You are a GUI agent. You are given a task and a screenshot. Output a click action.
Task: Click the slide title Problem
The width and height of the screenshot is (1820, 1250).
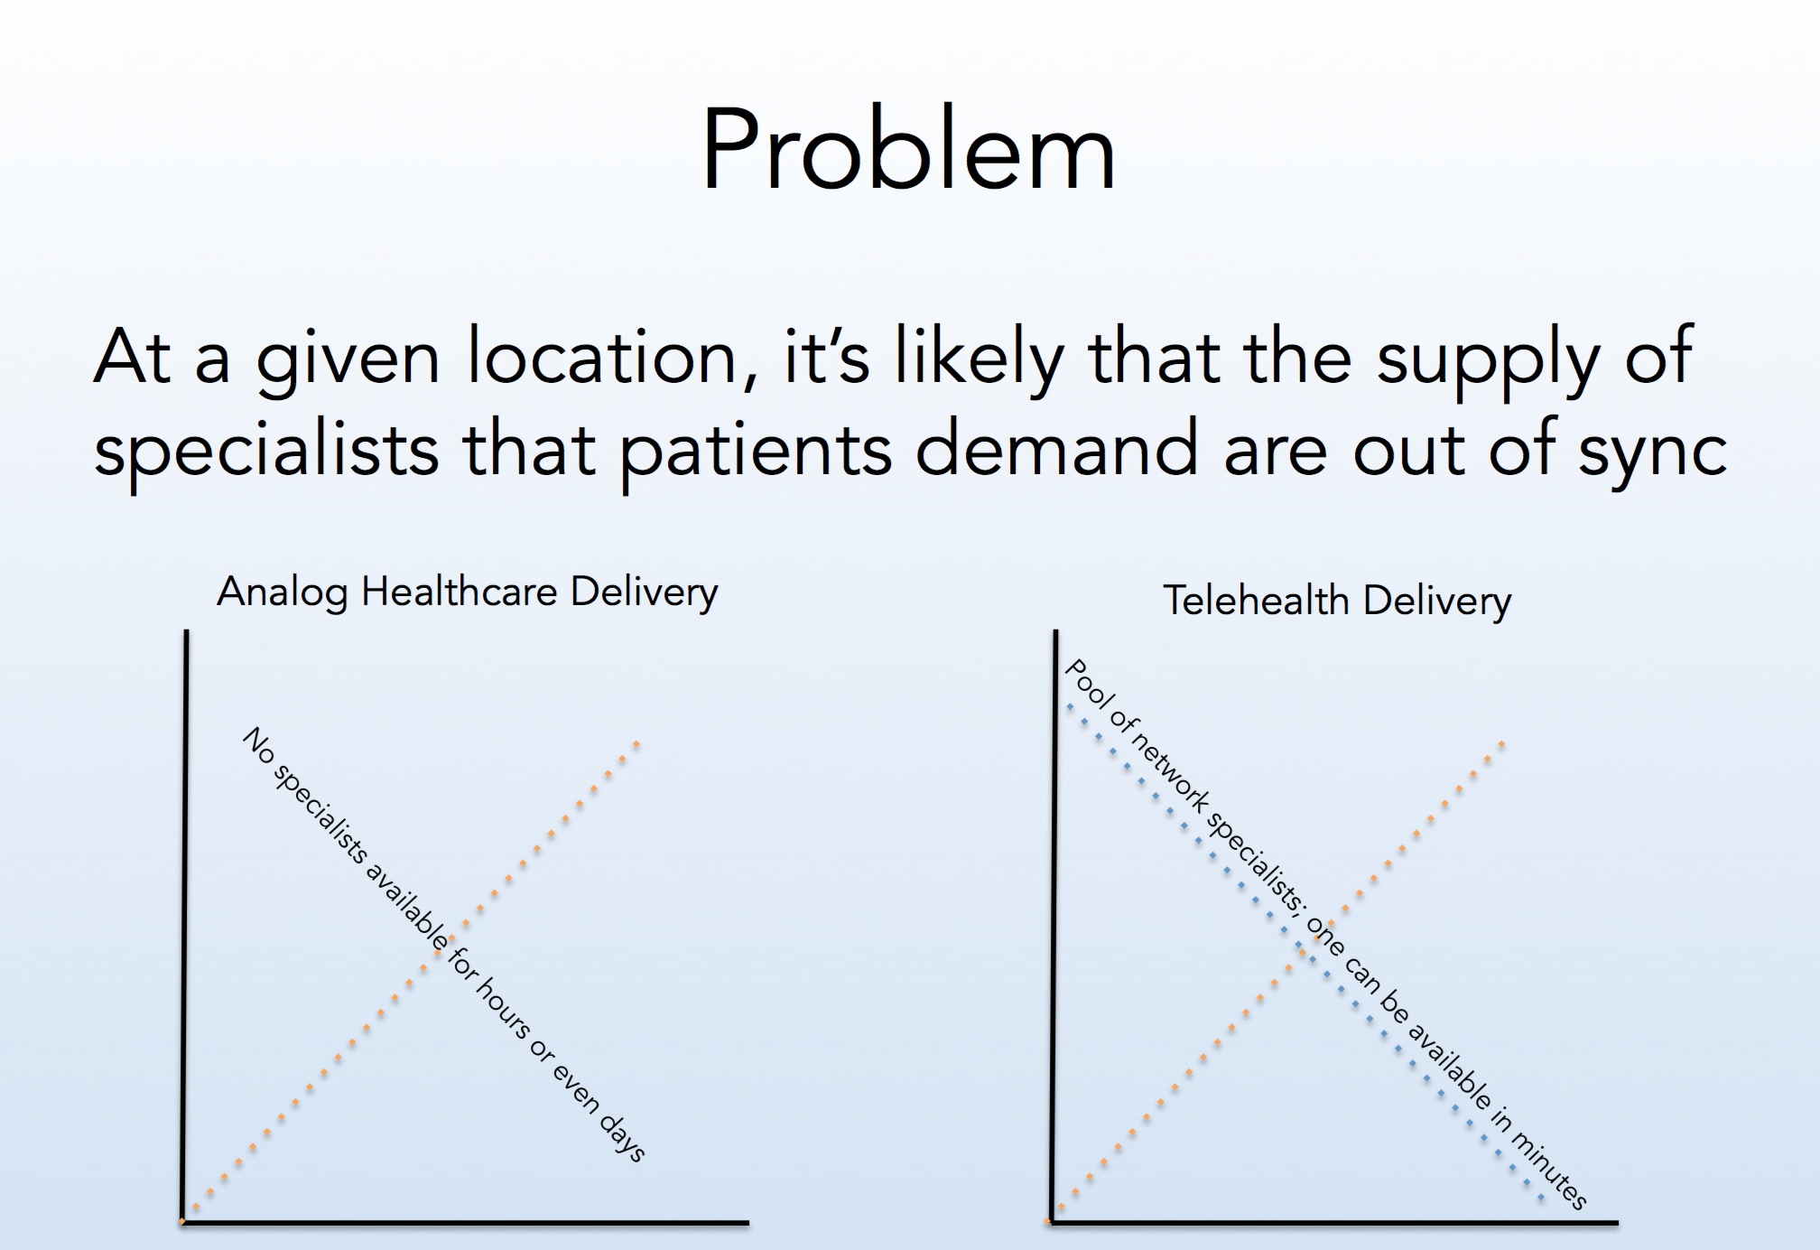908,150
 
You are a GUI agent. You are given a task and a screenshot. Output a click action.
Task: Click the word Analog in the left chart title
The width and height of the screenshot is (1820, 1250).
282,593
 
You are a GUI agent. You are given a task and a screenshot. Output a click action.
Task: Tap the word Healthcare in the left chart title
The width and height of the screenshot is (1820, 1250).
460,592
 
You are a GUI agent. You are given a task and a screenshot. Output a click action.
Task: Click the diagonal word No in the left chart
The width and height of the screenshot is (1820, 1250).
258,747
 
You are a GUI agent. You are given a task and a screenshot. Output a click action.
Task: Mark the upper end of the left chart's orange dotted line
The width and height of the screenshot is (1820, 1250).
636,743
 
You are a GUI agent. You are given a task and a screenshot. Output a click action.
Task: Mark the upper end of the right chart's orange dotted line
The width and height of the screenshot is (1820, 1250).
1502,743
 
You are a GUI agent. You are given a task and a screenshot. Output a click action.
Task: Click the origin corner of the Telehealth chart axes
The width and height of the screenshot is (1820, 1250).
1053,1223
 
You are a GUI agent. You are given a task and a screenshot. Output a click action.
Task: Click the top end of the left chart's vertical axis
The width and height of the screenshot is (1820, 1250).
186,631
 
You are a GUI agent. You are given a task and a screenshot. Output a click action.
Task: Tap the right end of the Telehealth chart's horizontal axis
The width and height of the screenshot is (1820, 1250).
1618,1223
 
